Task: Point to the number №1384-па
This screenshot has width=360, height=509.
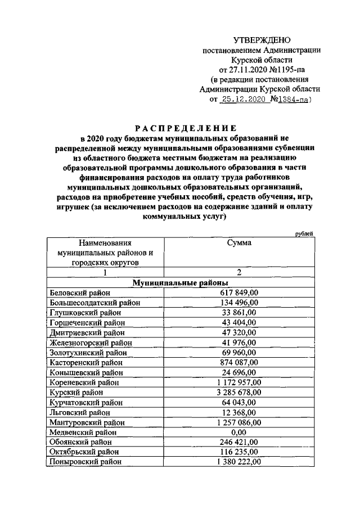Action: pyautogui.click(x=289, y=100)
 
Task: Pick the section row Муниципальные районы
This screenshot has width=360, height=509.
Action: pyautogui.click(x=180, y=282)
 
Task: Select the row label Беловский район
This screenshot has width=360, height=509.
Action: pyautogui.click(x=80, y=292)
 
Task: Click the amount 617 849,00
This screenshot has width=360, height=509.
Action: pyautogui.click(x=238, y=292)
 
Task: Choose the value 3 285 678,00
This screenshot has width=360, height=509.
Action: pyautogui.click(x=238, y=392)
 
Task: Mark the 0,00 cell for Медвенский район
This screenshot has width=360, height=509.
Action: pyautogui.click(x=238, y=432)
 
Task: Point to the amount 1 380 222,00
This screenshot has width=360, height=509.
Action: pyautogui.click(x=238, y=462)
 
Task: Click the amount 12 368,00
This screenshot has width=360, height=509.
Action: pyautogui.click(x=238, y=412)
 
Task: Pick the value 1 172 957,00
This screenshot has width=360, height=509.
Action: pyautogui.click(x=238, y=382)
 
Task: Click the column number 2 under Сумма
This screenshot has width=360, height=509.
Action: pyautogui.click(x=239, y=272)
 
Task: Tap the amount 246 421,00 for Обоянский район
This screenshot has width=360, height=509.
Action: pyautogui.click(x=238, y=442)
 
